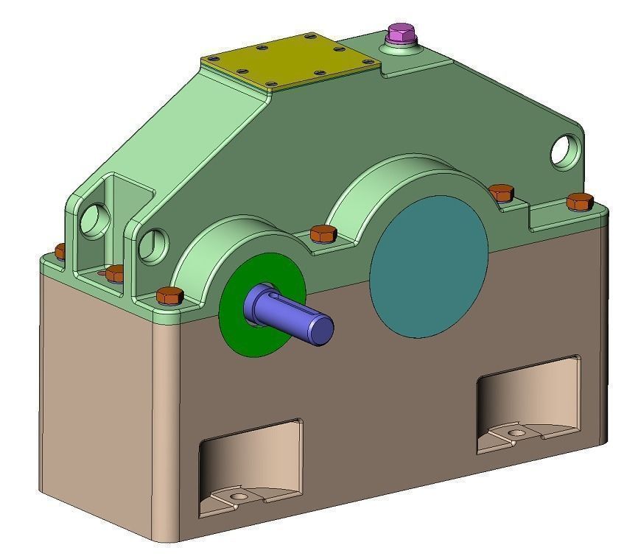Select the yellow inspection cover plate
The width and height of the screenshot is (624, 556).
tap(292, 61)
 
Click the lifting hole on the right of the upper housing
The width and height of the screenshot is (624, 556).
tap(566, 149)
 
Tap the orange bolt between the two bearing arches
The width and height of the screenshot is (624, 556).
tap(323, 233)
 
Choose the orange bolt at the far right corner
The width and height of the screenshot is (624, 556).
tap(580, 200)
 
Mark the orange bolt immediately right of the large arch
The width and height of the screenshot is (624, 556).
tap(502, 192)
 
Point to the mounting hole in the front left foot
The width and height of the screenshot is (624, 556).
tap(238, 497)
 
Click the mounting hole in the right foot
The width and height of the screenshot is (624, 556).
tap(518, 433)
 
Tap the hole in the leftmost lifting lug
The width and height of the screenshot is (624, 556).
tap(94, 219)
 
